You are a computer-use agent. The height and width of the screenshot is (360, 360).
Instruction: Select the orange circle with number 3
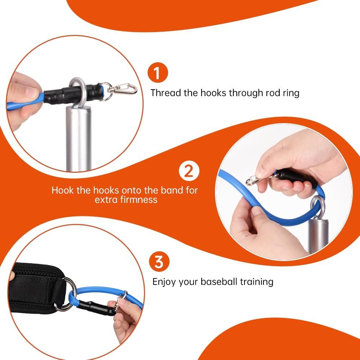(159, 262)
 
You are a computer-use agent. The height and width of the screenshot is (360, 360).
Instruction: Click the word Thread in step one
(166, 93)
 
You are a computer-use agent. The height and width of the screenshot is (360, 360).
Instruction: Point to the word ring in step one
(291, 93)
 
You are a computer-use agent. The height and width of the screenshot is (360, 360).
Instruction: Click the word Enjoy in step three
(165, 282)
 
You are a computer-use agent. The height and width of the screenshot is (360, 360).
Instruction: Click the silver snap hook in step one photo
(124, 88)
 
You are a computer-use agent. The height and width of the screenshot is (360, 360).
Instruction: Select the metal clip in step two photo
(254, 179)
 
